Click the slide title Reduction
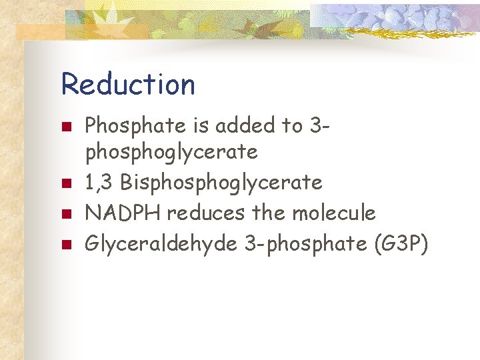[x=128, y=85]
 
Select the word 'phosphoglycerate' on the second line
[x=171, y=153]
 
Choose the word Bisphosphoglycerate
[x=222, y=183]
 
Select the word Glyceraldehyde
[x=161, y=244]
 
